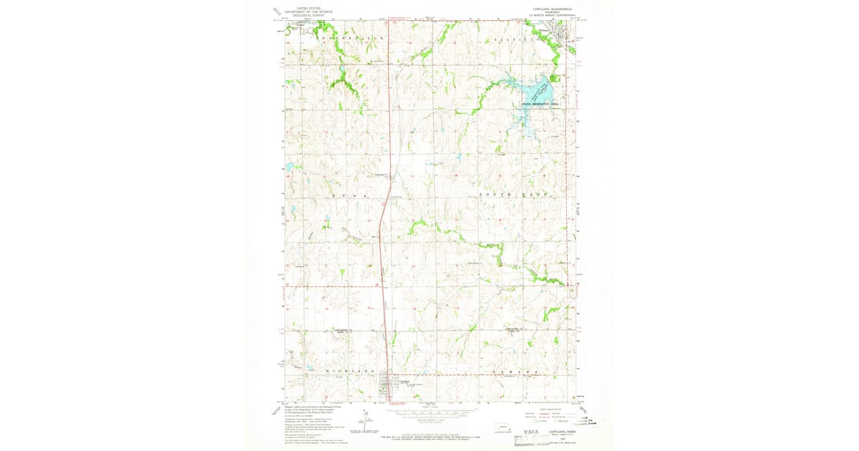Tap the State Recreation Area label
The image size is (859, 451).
[539, 105]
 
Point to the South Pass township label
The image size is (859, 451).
[512, 195]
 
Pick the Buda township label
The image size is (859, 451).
[349, 195]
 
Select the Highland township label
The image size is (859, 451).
[351, 371]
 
